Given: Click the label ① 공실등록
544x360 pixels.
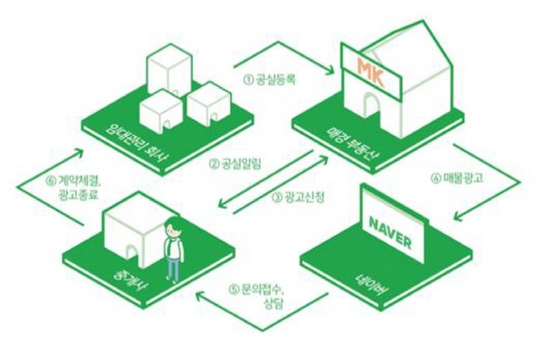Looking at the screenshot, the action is point(270,79).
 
